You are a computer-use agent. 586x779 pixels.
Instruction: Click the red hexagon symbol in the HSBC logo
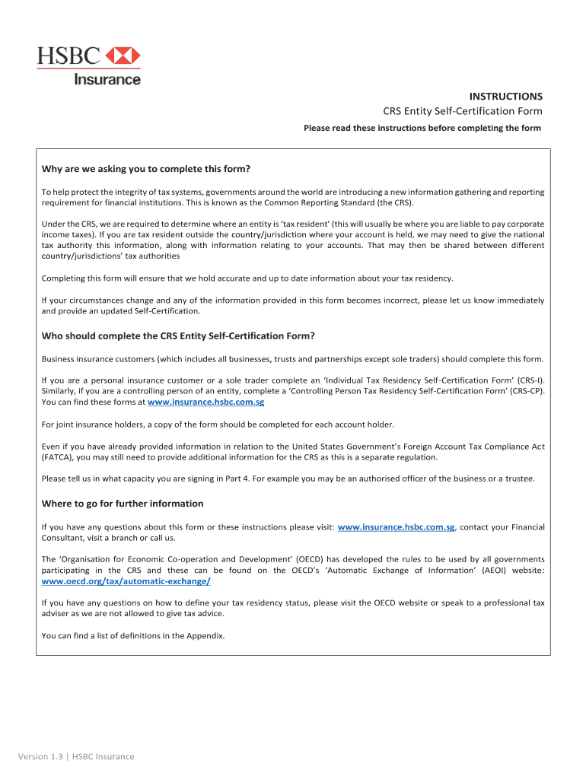tap(123, 56)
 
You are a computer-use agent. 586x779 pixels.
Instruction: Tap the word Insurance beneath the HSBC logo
tap(107, 78)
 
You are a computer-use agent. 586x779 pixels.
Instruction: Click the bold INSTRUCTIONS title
tap(505, 97)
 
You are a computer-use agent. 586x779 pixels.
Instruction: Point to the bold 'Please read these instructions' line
tap(422, 128)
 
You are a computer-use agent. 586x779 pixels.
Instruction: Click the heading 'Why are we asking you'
tap(146, 168)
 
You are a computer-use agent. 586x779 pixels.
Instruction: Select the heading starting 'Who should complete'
tap(178, 335)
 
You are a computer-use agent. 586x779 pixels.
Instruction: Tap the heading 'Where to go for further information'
tap(123, 504)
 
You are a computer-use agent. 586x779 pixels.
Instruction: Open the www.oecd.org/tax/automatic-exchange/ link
tap(126, 580)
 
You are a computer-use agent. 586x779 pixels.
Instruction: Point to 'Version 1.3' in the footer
tap(43, 756)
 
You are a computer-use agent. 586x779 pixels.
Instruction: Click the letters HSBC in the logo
tap(69, 56)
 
